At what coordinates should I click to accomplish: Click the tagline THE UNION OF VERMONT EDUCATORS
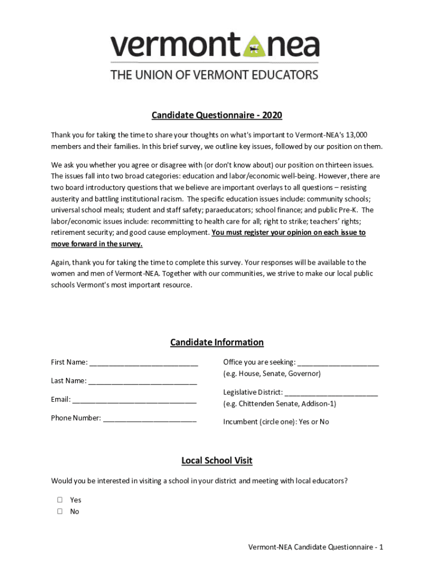click(214, 75)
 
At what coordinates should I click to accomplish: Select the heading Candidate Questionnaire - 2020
click(216, 116)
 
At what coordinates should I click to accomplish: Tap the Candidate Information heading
click(216, 342)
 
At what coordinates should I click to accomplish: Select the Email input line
click(134, 400)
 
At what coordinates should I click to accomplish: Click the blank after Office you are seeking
click(338, 363)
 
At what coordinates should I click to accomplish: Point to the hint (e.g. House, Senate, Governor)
click(272, 374)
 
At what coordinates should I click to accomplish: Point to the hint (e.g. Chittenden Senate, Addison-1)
click(280, 404)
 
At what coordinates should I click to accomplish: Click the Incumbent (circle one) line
click(276, 422)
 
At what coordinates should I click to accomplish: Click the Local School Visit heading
click(216, 461)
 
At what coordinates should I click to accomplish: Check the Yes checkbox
click(60, 500)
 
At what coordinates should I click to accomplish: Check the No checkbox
click(60, 511)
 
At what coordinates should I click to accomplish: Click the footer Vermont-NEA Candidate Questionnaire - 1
click(316, 547)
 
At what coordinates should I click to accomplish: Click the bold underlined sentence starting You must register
click(288, 233)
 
